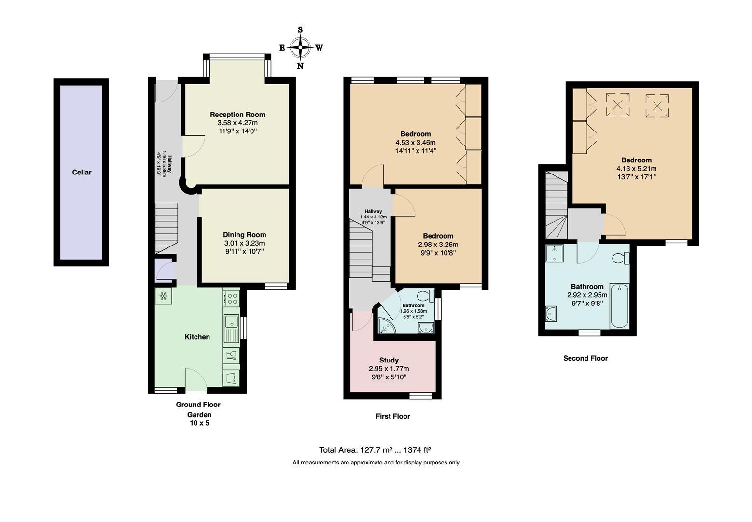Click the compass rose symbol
[300, 47]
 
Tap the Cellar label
[82, 172]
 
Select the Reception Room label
[237, 115]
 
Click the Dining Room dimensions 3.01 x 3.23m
[244, 243]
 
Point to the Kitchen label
[197, 337]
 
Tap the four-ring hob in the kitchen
[231, 298]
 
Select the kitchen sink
[231, 321]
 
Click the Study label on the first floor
[389, 360]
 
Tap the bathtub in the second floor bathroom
[619, 306]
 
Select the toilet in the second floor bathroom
[620, 259]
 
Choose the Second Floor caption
[585, 358]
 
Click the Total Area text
[375, 450]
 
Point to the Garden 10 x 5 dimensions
[199, 423]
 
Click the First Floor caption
[392, 416]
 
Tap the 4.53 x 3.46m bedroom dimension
[415, 143]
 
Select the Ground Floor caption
[198, 405]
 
